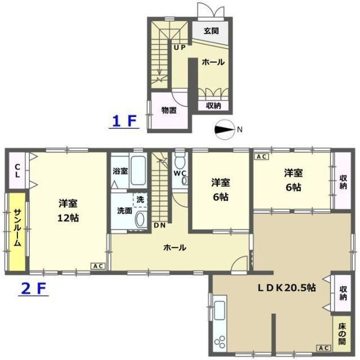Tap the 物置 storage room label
point(169,110)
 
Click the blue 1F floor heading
point(123,121)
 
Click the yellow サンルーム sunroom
point(16,231)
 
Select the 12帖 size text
point(67,218)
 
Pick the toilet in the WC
point(179,158)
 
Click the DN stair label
point(160,226)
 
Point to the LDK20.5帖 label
point(286,287)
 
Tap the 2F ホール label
point(175,247)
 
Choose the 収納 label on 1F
point(213,105)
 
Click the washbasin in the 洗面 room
point(140,220)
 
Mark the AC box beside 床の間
point(325,348)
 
